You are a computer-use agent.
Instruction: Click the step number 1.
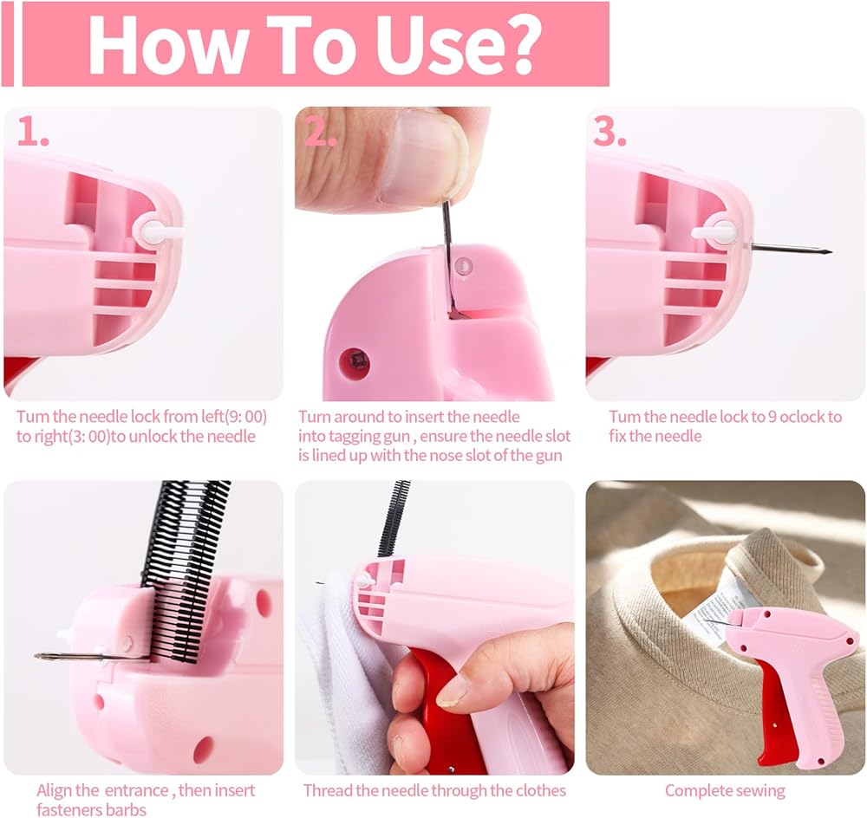pos(33,132)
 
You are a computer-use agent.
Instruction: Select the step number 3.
pos(610,132)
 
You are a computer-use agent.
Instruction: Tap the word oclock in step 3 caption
pos(802,418)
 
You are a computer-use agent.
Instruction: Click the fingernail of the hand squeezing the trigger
pos(453,691)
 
